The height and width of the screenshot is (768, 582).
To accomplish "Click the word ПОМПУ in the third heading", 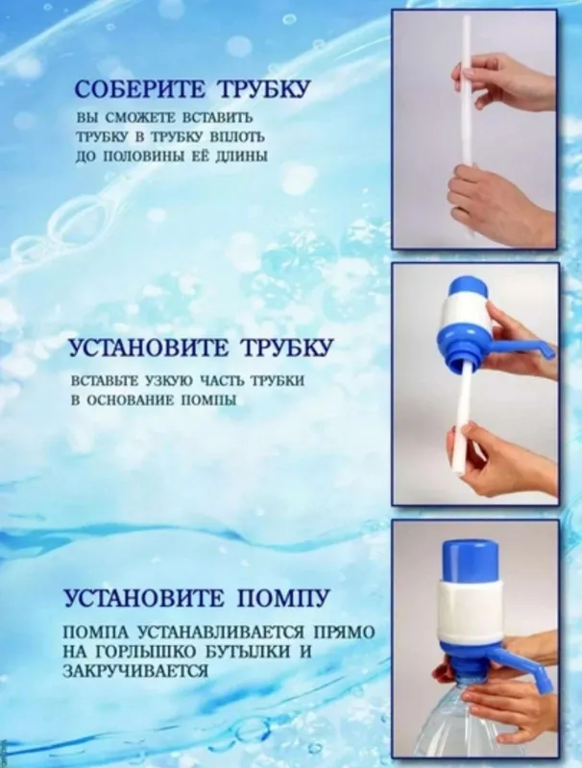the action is pos(283,598).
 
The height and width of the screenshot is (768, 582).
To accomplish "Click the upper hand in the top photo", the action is pos(504,82).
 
